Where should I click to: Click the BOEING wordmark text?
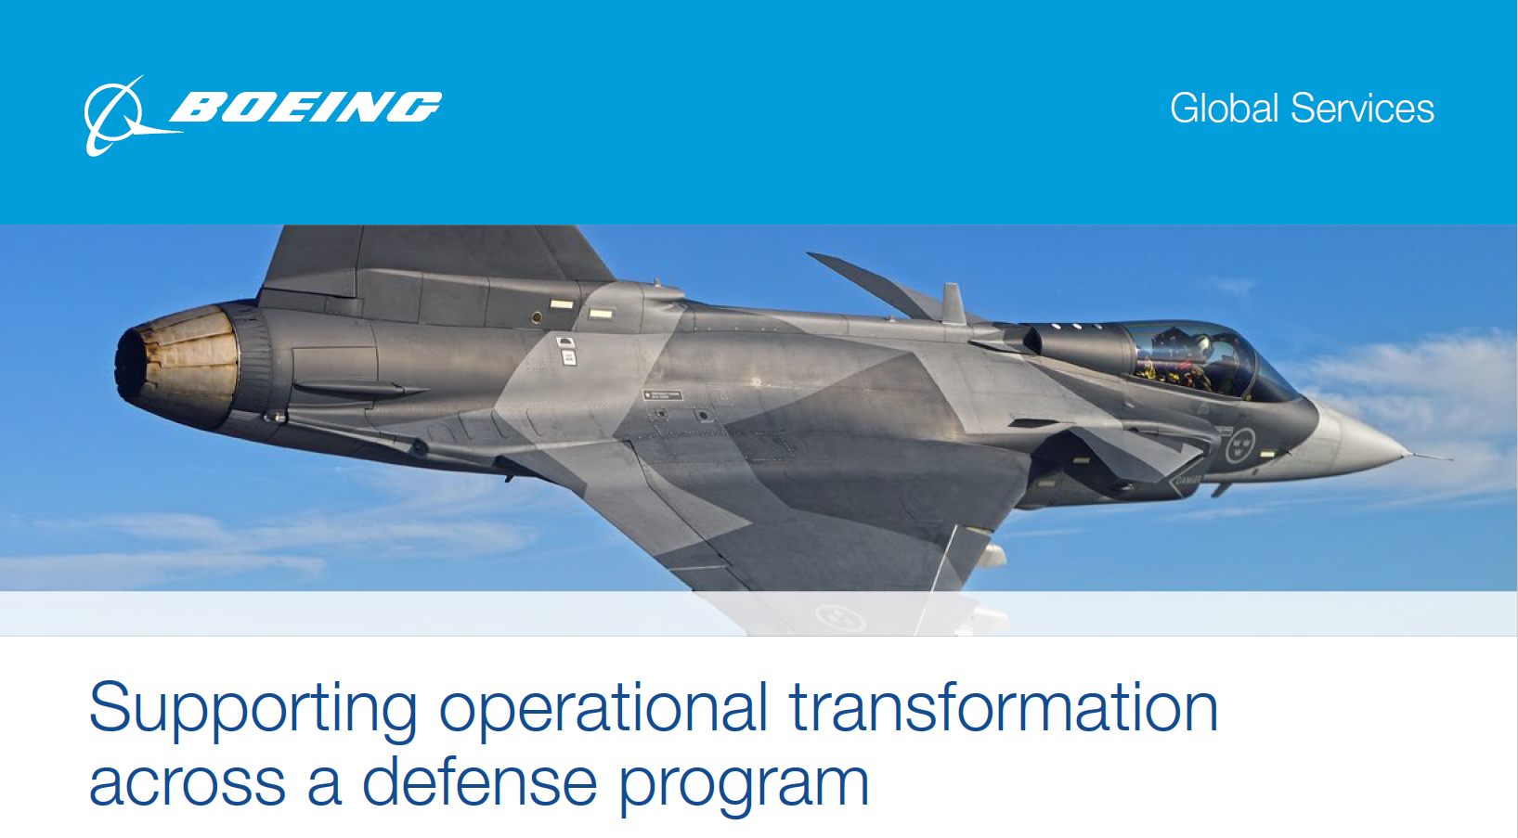pos(305,107)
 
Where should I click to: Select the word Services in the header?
pos(1362,109)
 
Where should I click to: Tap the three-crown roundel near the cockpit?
pos(1240,445)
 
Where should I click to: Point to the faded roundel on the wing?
pos(840,617)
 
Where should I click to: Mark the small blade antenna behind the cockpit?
pos(953,303)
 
